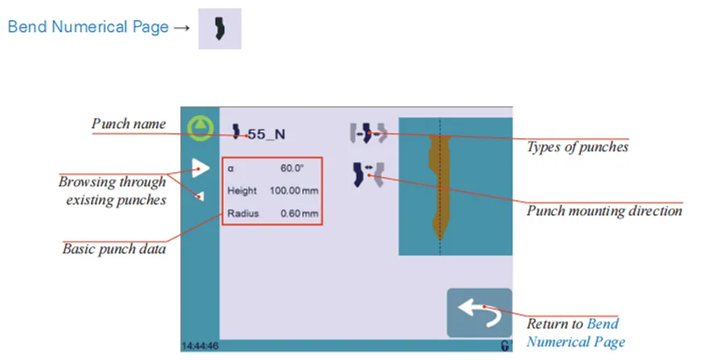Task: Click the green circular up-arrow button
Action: coord(198,128)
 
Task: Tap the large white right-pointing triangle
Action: coord(201,168)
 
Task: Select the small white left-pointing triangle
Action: coord(200,195)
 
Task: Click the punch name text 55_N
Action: coord(266,134)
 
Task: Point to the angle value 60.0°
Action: coord(292,169)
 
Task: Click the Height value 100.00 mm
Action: coord(294,192)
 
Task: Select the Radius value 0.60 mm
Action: coord(299,214)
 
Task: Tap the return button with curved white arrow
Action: coord(479,312)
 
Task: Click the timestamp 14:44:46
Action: coord(198,346)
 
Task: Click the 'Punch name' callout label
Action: coord(129,124)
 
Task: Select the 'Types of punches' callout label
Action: coord(577,147)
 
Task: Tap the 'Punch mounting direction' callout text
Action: coord(604,211)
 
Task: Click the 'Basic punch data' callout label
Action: coord(114,249)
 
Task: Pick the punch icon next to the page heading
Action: coord(219,28)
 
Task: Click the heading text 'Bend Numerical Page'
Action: coord(88,27)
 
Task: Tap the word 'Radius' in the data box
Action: coord(242,214)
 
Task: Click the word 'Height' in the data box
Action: coord(242,192)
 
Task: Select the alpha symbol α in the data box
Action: coord(230,169)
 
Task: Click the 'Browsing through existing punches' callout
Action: coord(112,190)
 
